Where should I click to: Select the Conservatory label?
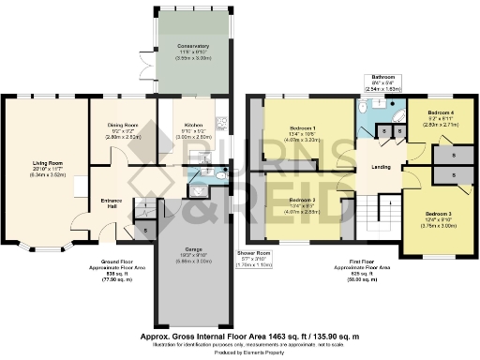(x=193, y=45)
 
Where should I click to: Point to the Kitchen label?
(x=194, y=125)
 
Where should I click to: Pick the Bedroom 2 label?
(x=302, y=200)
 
